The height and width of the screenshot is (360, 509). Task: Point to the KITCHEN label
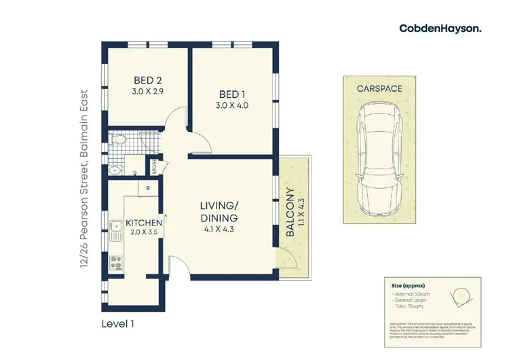pos(143,223)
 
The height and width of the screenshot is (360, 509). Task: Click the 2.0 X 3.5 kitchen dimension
pos(143,232)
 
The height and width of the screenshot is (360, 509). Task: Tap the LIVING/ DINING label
pos(219,212)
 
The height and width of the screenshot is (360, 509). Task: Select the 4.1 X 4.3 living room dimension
pos(219,230)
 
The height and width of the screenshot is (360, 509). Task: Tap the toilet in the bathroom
pos(120,142)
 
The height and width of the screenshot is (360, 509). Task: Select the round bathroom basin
pos(114,170)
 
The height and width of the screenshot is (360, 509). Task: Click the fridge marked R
pos(147,188)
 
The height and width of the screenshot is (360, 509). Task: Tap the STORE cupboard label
pos(154,168)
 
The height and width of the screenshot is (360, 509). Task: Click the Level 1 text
pos(117,323)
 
